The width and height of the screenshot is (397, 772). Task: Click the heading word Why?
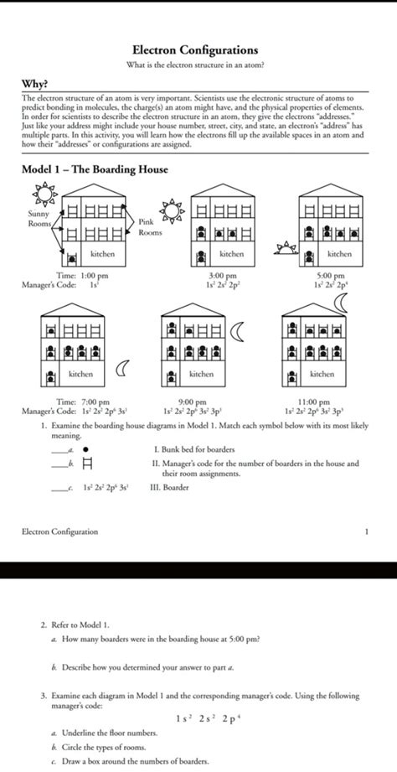click(34, 84)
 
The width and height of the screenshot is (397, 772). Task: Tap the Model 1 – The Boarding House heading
click(95, 169)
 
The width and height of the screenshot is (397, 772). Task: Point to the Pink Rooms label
click(149, 227)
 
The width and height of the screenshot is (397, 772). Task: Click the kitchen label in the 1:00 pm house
click(102, 253)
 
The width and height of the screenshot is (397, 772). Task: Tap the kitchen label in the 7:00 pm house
click(81, 374)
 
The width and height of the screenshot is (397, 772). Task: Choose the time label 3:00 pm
click(222, 275)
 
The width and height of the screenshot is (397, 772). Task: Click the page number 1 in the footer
click(367, 531)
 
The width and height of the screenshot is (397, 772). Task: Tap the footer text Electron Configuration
click(59, 531)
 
